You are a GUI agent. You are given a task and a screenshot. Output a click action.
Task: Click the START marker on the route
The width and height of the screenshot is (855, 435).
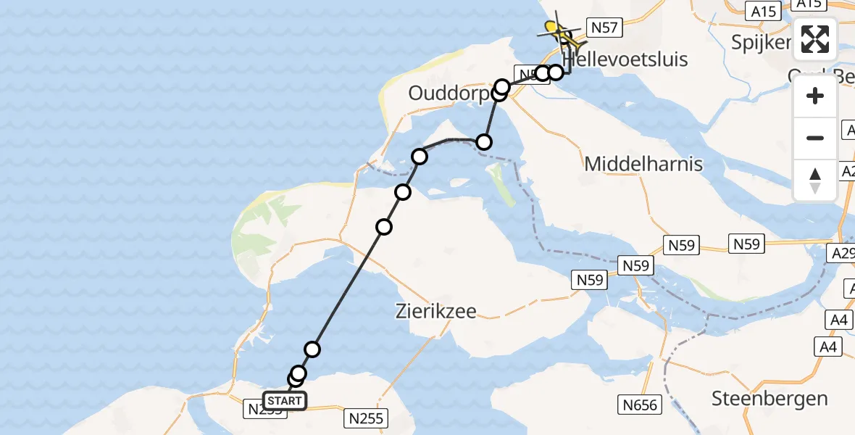285,401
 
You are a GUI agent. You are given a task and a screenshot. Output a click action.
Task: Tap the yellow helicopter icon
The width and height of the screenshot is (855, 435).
559,31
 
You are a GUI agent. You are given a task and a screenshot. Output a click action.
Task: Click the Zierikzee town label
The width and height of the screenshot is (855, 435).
436,312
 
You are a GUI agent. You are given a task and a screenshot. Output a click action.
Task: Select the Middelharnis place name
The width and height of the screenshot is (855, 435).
643,164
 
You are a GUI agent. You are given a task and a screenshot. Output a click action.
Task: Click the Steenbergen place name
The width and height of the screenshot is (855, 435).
769,398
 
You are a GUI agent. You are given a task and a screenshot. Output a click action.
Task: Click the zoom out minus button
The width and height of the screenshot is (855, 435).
815,138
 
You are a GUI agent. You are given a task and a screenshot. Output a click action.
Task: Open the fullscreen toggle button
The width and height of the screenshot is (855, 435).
815,39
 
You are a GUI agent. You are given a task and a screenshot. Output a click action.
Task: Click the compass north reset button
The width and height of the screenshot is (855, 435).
815,180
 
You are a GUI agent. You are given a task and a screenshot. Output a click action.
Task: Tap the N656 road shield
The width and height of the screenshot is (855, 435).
639,404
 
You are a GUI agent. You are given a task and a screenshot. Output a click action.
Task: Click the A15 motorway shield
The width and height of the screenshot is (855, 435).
764,11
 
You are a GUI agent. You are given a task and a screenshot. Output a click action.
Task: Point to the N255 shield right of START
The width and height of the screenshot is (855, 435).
367,418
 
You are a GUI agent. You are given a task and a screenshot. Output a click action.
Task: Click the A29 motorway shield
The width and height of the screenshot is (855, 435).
843,253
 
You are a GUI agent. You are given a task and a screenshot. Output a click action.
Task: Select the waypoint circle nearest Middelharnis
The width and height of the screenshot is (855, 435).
483,141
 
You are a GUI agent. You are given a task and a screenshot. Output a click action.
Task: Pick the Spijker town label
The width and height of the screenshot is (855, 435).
760,42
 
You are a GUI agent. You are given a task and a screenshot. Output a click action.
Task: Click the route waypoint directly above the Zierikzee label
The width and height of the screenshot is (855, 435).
384,227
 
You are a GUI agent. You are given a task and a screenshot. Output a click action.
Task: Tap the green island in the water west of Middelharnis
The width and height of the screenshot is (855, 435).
498,174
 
